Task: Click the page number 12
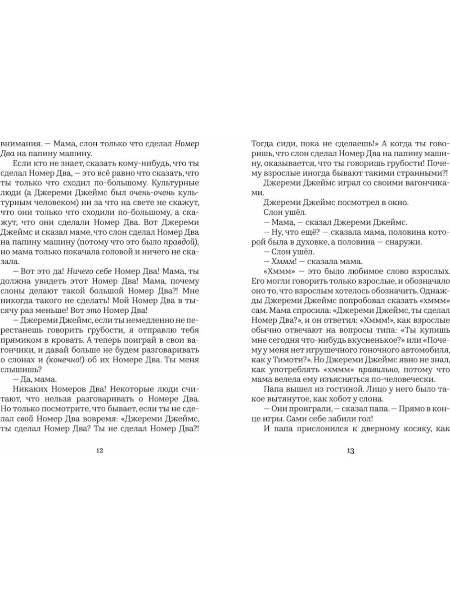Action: coord(100,450)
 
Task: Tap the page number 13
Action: coord(351,450)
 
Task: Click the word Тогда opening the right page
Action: coord(262,144)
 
